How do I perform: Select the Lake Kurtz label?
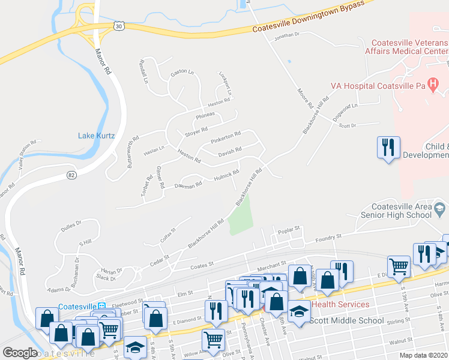tap(96, 136)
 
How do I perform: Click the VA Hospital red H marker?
tap(431, 82)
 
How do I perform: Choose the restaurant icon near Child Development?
tap(388, 147)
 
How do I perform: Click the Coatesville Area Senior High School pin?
tap(440, 208)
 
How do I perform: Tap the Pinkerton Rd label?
tap(225, 137)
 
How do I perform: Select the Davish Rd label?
tap(230, 151)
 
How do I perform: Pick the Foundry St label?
tap(328, 238)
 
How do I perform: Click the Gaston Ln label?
tap(182, 73)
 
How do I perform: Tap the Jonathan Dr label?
tap(286, 35)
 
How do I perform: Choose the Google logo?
tap(20, 353)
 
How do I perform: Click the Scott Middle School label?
tap(346, 320)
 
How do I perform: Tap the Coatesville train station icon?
tap(101, 306)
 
